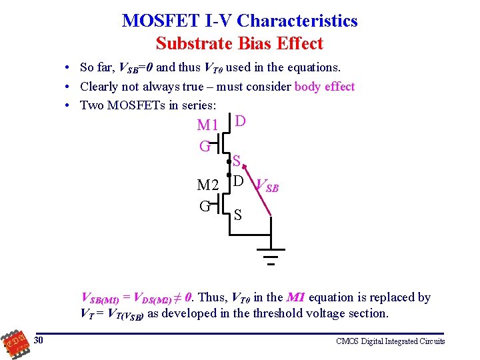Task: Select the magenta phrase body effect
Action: (324, 86)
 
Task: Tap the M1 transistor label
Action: (208, 125)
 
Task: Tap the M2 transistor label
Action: (208, 185)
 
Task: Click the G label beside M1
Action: (204, 145)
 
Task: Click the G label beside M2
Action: (204, 205)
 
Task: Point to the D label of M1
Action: (241, 121)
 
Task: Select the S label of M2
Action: (237, 216)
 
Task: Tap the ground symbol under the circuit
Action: (270, 255)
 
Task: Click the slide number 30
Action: (39, 341)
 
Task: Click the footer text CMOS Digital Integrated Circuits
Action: (390, 341)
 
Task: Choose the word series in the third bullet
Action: (199, 105)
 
